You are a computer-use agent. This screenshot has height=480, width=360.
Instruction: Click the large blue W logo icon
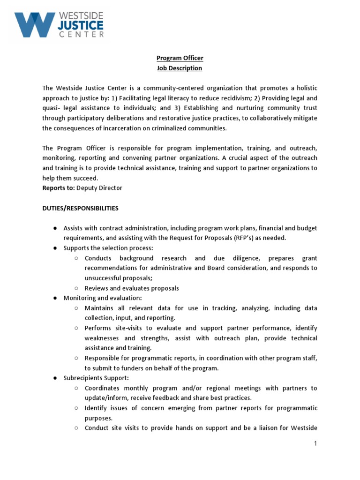(34, 24)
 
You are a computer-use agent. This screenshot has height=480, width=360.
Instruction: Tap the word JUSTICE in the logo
(81, 24)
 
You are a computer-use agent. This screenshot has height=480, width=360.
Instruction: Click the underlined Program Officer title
(180, 58)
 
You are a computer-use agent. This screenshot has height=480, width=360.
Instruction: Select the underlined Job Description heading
(180, 68)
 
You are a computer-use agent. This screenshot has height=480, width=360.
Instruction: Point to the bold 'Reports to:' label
(59, 187)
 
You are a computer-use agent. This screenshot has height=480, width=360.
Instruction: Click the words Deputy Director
(99, 187)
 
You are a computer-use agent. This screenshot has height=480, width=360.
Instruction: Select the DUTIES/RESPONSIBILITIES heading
(80, 208)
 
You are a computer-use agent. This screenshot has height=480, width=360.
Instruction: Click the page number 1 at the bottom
(316, 443)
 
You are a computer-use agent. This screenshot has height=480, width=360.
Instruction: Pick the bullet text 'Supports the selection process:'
(108, 248)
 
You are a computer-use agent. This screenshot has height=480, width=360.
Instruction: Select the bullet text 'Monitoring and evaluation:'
(103, 298)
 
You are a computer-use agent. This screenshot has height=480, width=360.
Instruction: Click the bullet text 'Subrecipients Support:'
(96, 378)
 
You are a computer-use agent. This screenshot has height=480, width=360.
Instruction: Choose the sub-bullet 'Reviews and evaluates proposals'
(132, 288)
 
